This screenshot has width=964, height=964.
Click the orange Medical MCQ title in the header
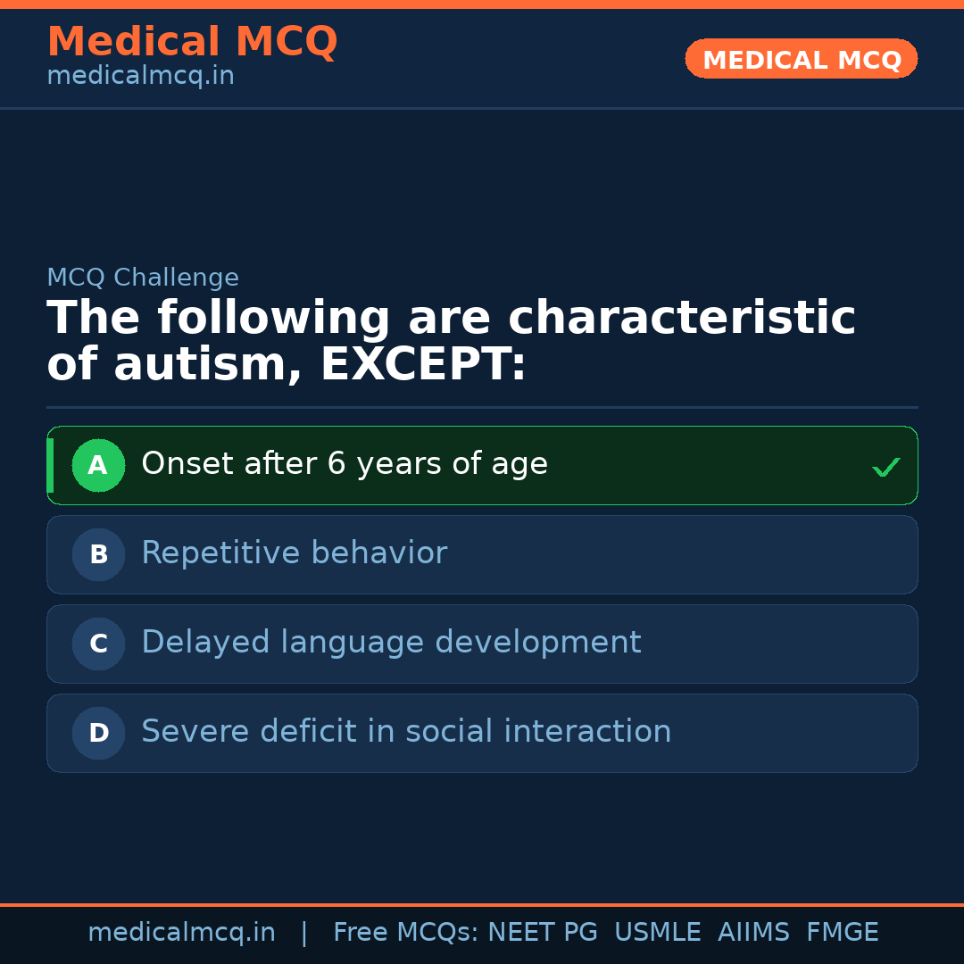(x=192, y=42)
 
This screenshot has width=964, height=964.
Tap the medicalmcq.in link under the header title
(x=140, y=76)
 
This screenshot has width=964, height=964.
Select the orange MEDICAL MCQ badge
(x=801, y=59)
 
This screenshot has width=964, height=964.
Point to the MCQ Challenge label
(x=143, y=278)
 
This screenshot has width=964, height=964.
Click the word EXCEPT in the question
(x=422, y=365)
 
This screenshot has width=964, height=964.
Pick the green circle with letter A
(x=98, y=465)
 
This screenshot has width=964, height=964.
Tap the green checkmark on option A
(x=885, y=467)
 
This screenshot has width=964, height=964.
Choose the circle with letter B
(x=98, y=554)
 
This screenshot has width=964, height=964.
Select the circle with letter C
(x=98, y=644)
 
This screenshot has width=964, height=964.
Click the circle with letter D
(x=98, y=733)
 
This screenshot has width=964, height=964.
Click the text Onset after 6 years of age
(x=345, y=464)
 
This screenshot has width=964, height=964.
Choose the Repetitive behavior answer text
(x=294, y=553)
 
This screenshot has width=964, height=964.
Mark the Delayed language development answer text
(x=391, y=643)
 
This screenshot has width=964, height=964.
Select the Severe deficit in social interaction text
(x=406, y=732)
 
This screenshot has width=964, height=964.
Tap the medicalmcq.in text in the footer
(x=181, y=933)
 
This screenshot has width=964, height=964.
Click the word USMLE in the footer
(x=657, y=933)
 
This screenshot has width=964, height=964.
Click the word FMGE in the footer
(x=843, y=933)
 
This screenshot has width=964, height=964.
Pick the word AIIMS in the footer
(x=753, y=933)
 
